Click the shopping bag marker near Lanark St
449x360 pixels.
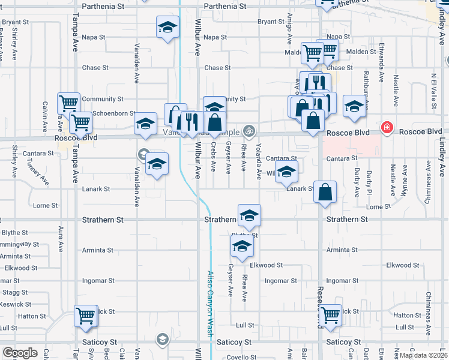pyautogui.click(x=325, y=192)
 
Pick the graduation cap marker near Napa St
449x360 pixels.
pyautogui.click(x=167, y=27)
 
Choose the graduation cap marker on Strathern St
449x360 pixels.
pyautogui.click(x=249, y=214)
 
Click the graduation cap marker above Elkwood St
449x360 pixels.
pyautogui.click(x=242, y=245)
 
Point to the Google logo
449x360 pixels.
pyautogui.click(x=19, y=353)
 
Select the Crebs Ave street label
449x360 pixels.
pyautogui.click(x=214, y=157)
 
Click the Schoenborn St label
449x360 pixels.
pyautogui.click(x=115, y=113)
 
